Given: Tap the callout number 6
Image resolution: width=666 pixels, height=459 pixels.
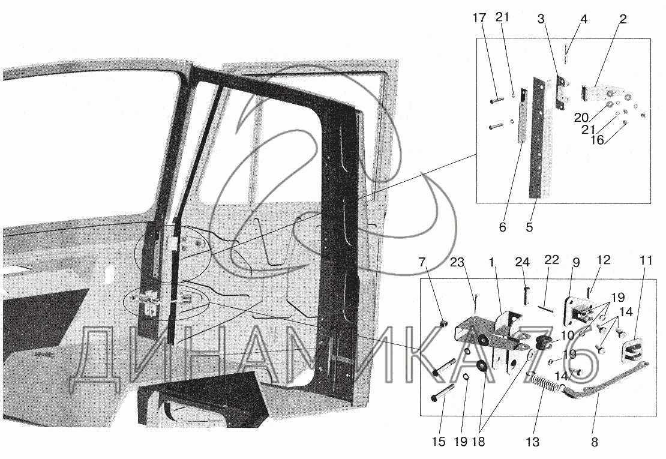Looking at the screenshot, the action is (503, 227).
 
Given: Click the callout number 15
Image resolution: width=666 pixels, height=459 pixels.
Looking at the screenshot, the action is (438, 442).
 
